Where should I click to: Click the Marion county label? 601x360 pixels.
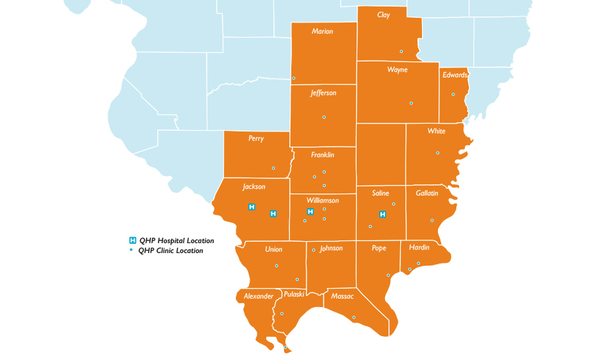(x=322, y=32)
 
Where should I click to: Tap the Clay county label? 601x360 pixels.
(x=383, y=15)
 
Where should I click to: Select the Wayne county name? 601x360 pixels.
(x=397, y=70)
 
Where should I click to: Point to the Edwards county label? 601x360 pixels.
(x=454, y=75)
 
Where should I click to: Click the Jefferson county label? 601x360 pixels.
(x=323, y=93)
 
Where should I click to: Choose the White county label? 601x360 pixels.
(x=436, y=131)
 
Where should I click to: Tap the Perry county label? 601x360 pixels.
(x=256, y=139)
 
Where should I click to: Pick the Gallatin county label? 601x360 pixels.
(x=427, y=193)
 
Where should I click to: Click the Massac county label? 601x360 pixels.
(x=343, y=297)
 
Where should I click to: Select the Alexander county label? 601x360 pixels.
(x=258, y=297)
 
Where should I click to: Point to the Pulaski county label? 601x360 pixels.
(x=294, y=293)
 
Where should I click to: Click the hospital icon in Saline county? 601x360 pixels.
(x=382, y=214)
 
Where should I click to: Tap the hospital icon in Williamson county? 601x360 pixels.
(x=310, y=211)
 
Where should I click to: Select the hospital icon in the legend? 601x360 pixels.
(x=132, y=240)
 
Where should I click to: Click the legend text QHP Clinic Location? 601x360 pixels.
(x=170, y=251)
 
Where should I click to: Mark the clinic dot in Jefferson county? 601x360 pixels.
(x=324, y=118)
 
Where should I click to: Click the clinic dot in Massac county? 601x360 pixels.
(x=353, y=317)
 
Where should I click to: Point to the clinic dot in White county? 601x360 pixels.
(x=437, y=153)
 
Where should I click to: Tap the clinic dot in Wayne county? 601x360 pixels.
(x=411, y=103)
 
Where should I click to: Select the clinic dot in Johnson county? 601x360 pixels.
(x=313, y=250)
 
